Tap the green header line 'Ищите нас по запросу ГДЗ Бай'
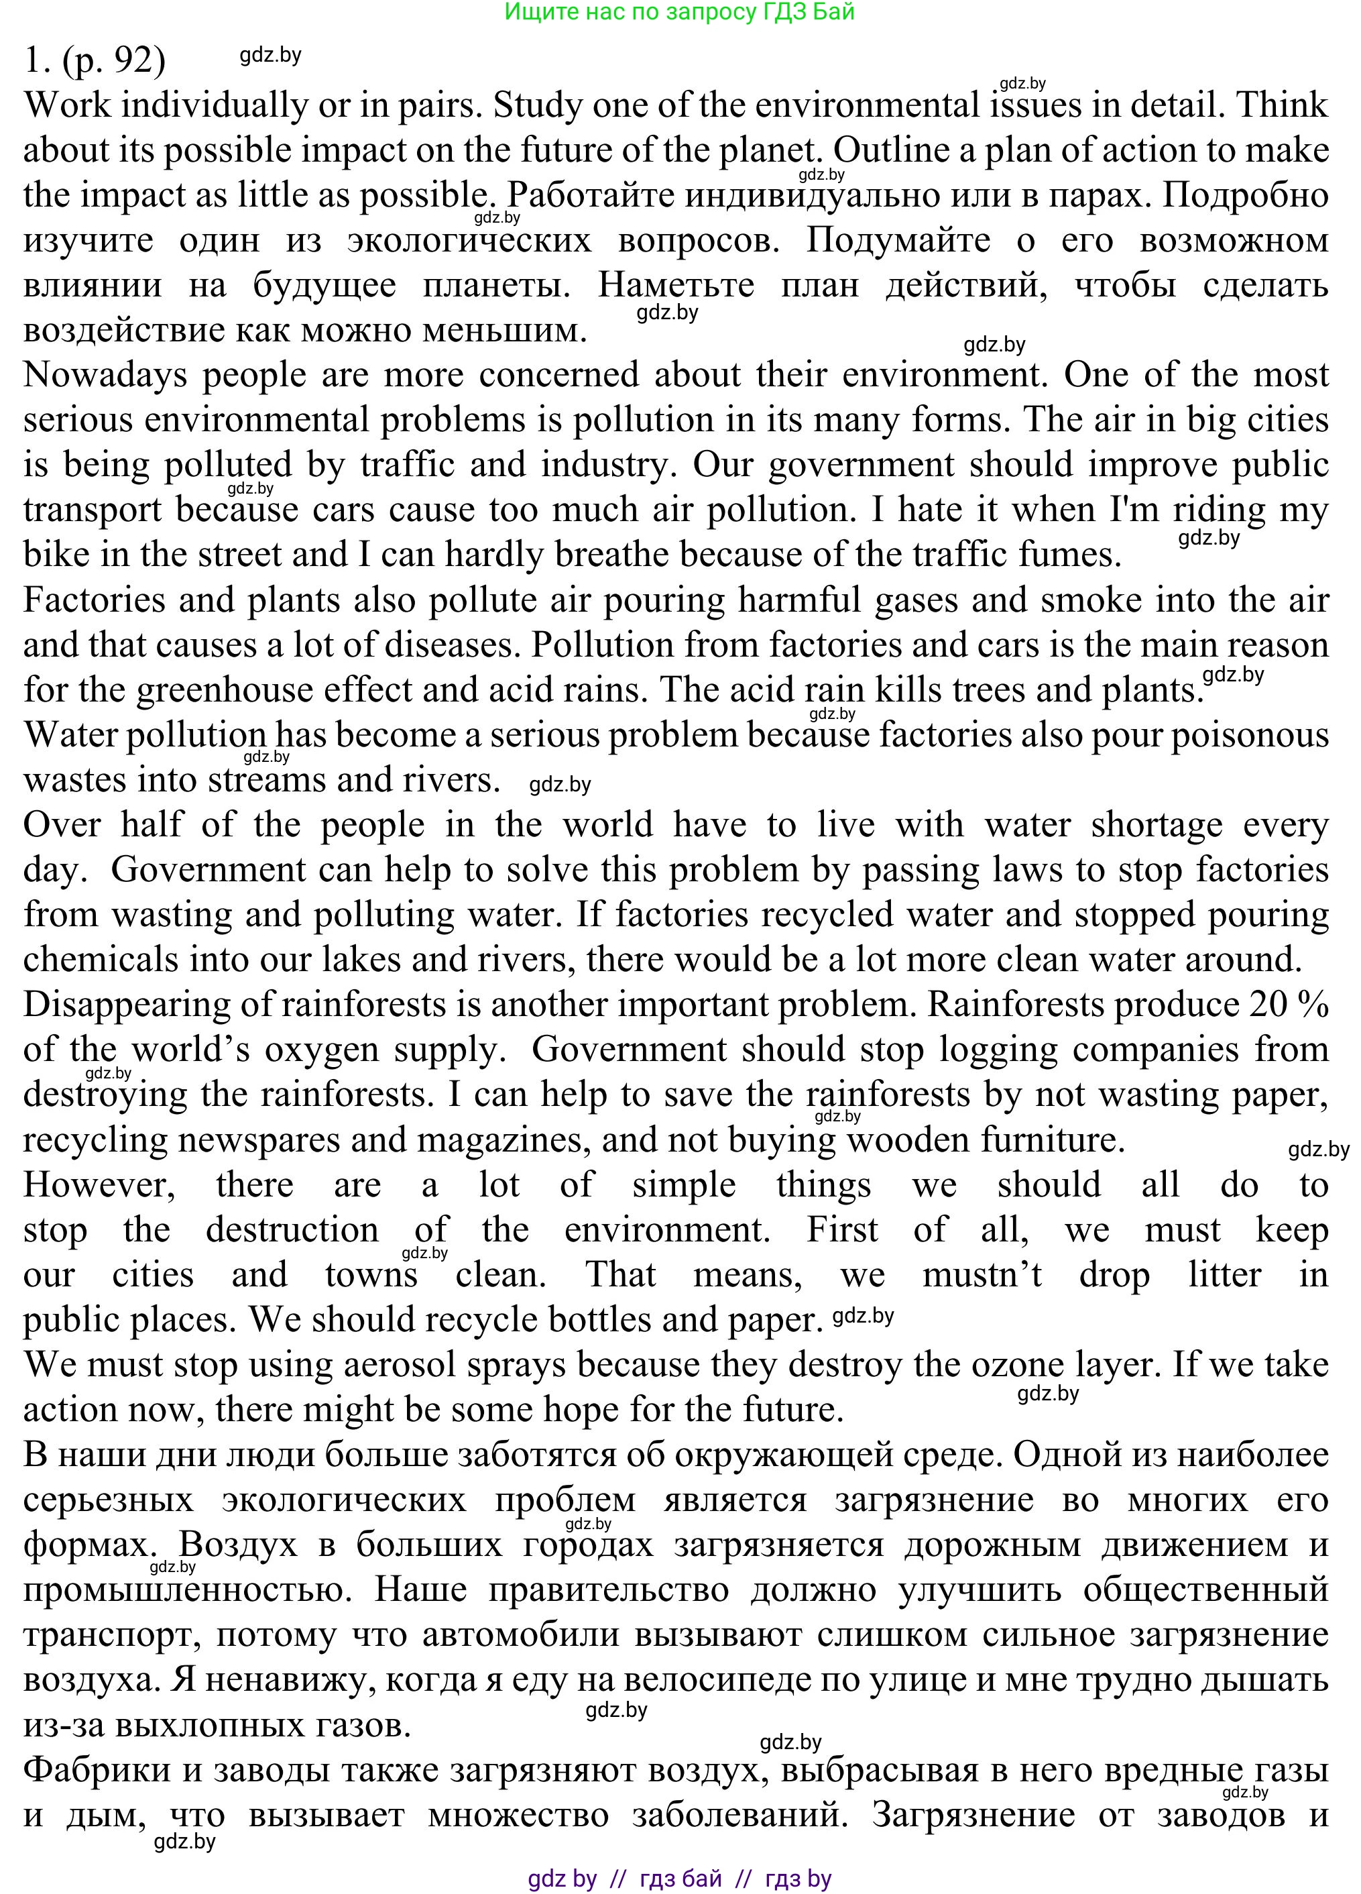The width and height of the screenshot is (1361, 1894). point(680,11)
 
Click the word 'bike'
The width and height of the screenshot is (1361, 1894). point(55,555)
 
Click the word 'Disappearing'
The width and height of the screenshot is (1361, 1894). point(125,1005)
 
